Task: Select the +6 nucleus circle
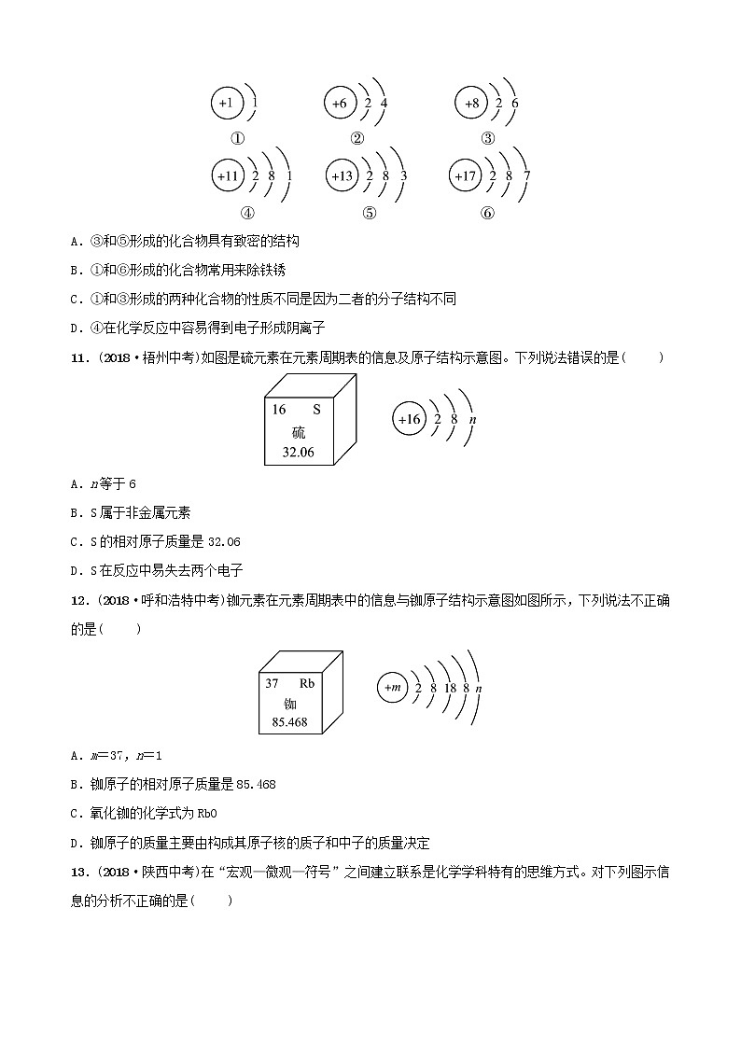click(340, 104)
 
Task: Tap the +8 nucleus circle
click(471, 104)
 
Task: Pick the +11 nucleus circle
click(229, 175)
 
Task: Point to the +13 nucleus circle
click(343, 175)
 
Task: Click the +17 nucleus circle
click(465, 175)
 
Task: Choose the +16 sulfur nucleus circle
click(410, 420)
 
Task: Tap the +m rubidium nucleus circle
click(392, 688)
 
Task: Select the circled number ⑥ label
click(487, 212)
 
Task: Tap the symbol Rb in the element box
click(307, 683)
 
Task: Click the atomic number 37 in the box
click(273, 683)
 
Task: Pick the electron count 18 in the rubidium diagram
click(450, 688)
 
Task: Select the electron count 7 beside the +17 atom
click(528, 175)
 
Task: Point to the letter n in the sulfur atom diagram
click(473, 420)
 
